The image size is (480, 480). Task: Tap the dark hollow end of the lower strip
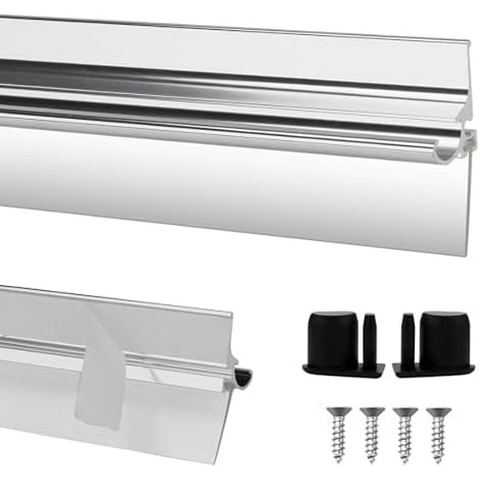(x=242, y=379)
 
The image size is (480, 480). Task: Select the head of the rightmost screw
(x=437, y=412)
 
